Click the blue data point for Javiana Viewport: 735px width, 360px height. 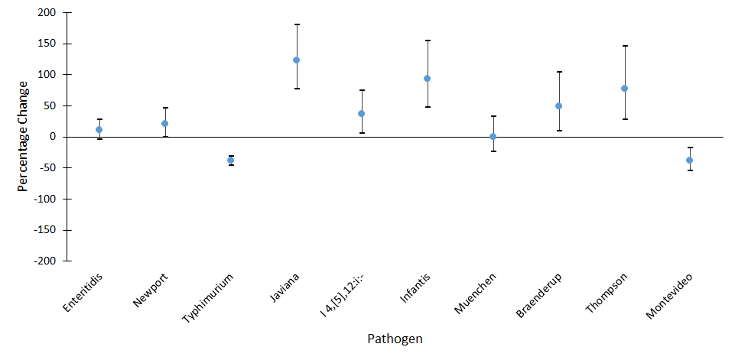click(296, 60)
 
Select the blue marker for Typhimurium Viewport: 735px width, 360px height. click(230, 160)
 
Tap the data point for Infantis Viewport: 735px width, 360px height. click(427, 79)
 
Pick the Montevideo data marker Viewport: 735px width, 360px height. click(689, 160)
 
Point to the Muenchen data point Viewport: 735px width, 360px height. click(493, 137)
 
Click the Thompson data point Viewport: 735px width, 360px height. click(624, 89)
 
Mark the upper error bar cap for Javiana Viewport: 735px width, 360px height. click(296, 24)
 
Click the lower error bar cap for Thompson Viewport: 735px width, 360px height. click(624, 119)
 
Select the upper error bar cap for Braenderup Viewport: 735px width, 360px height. click(558, 72)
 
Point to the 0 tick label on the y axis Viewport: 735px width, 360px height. click(52, 137)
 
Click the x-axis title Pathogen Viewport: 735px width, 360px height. click(394, 339)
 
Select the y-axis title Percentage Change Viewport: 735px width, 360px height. click(24, 137)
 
